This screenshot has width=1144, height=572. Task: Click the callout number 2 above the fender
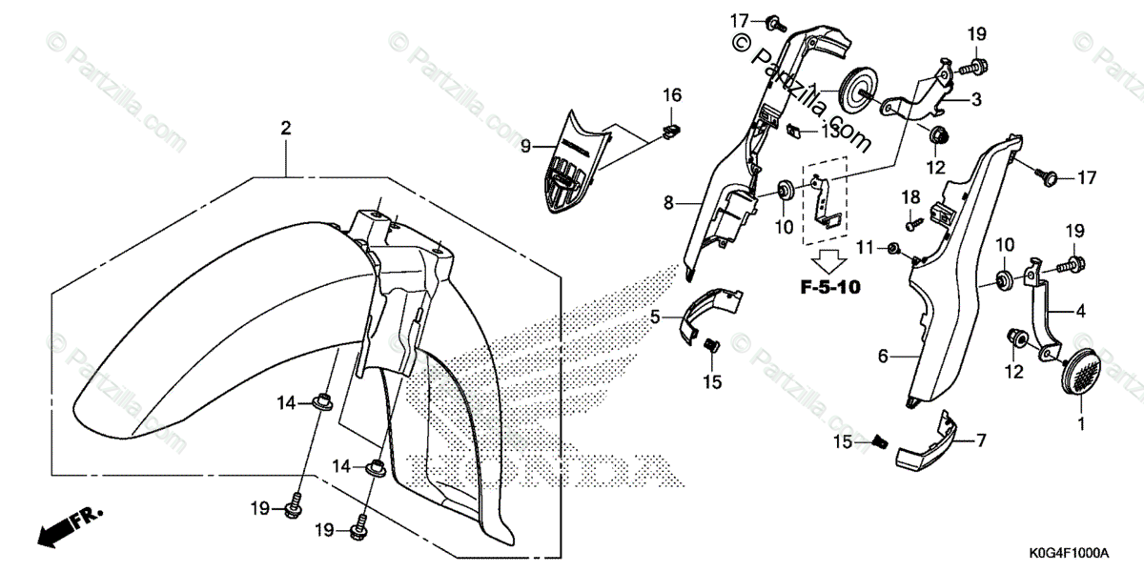[285, 128]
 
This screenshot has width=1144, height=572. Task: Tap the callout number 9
[525, 146]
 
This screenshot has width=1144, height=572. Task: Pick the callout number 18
[911, 195]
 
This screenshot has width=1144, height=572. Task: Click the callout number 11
[864, 248]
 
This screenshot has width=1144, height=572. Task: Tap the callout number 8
[669, 203]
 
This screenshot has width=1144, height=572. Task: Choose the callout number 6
[883, 356]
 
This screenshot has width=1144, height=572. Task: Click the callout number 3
[976, 99]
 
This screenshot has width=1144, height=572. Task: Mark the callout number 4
[1080, 311]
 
